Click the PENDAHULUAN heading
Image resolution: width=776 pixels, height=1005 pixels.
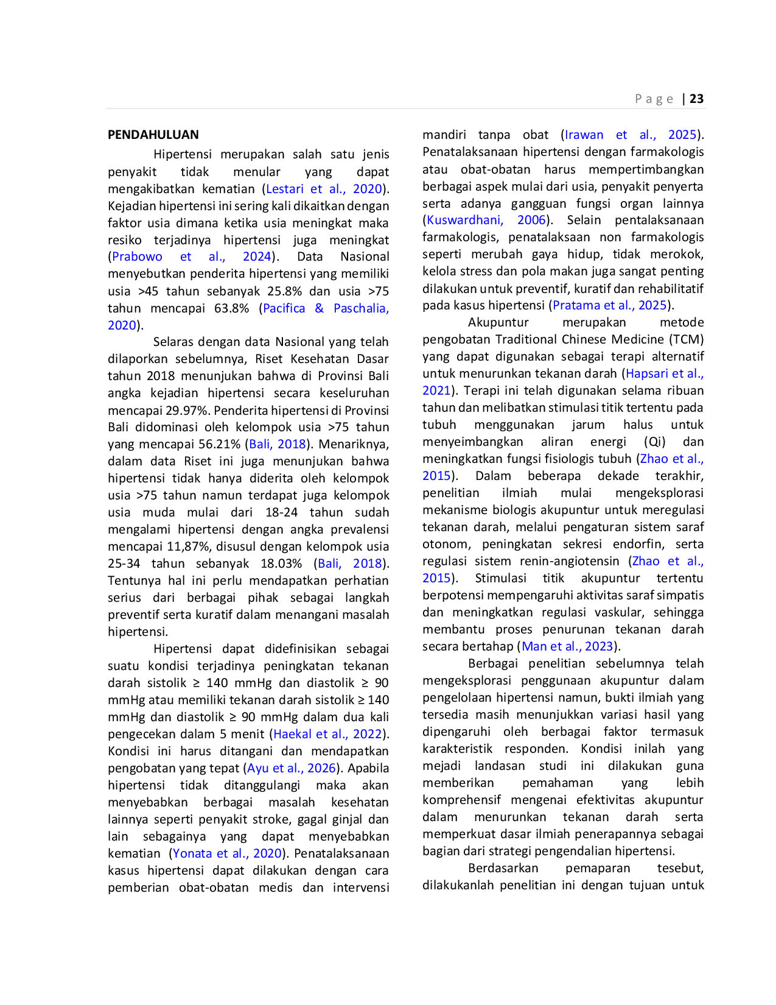point(153,135)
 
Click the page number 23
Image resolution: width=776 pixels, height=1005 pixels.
point(696,99)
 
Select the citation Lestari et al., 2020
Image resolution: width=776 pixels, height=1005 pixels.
point(324,189)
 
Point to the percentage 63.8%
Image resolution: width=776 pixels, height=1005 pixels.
point(231,308)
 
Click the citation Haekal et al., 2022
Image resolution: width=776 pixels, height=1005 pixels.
point(327,734)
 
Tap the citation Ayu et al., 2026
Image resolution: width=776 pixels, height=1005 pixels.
point(291,768)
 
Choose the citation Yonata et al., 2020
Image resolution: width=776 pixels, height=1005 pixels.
point(227,853)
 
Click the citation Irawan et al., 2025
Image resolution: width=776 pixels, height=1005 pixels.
point(631,135)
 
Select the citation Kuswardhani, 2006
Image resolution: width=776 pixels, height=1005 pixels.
point(486,220)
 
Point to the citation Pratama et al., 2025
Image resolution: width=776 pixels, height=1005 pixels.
point(610,305)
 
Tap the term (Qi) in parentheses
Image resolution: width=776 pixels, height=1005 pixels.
point(654,442)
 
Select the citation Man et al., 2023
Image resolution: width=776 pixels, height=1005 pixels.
point(567,646)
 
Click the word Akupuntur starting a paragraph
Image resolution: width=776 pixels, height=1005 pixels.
point(498,322)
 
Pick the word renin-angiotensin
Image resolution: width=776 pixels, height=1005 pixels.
point(570,561)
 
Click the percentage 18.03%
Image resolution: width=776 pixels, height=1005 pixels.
point(281,563)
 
